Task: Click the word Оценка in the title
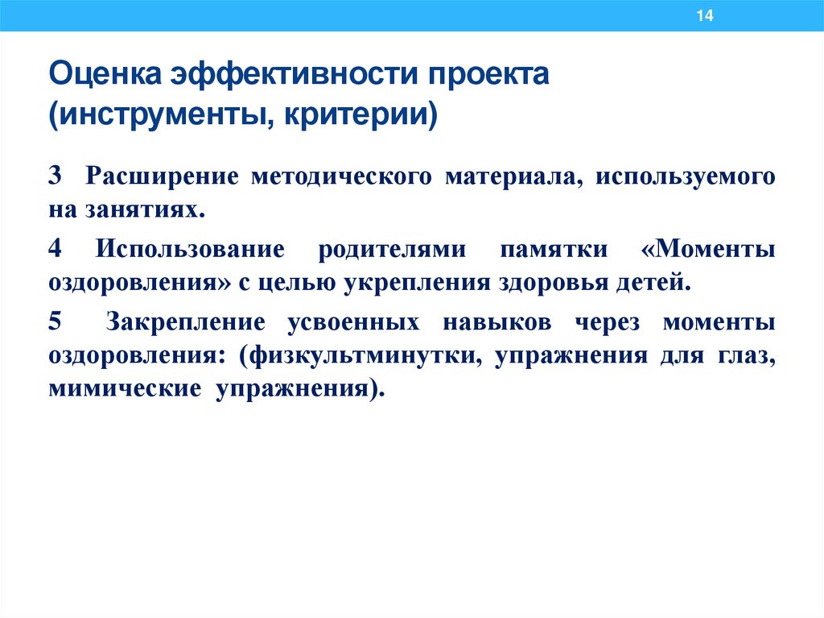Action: pos(104,77)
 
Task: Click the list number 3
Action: pos(54,176)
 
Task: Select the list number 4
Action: pos(54,248)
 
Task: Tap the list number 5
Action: pos(54,321)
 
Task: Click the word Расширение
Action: pos(161,176)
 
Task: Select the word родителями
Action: pos(391,248)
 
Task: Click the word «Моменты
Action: pos(709,248)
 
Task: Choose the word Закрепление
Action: pos(185,321)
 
